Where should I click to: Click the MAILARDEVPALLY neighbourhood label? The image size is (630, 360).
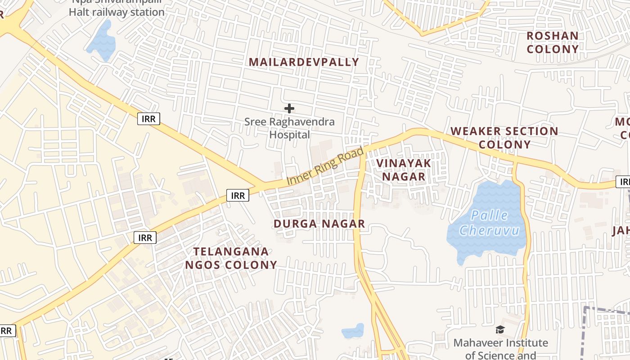point(304,62)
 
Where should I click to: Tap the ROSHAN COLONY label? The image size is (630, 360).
point(553,42)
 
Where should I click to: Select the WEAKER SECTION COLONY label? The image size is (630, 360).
point(504,138)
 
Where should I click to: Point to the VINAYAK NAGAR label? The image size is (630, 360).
point(404,170)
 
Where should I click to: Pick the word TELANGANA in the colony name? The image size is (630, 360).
point(231,252)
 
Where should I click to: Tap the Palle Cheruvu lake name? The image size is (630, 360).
point(489,223)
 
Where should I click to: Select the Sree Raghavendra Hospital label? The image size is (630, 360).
point(289,128)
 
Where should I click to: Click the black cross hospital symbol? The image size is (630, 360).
point(289,108)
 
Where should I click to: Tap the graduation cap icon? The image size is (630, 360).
point(500,330)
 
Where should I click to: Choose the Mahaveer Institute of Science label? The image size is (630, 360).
point(500,349)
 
